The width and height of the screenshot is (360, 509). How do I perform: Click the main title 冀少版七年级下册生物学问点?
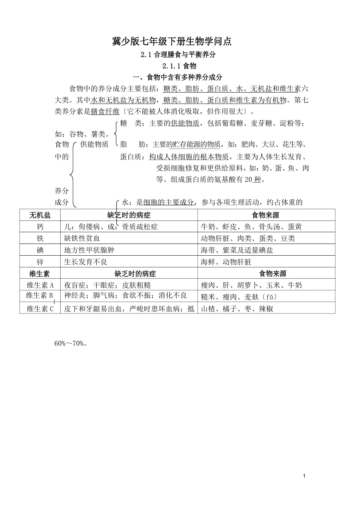tap(178, 41)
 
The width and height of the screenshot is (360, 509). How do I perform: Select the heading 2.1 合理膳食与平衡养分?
tap(178, 55)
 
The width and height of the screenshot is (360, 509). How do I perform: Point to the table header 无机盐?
tap(40, 215)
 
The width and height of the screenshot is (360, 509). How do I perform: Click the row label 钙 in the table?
tap(40, 227)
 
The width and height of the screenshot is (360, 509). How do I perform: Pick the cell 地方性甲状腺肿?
tap(89, 250)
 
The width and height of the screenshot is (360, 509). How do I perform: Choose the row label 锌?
tap(40, 262)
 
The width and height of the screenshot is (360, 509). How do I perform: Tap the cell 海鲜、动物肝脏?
tap(226, 262)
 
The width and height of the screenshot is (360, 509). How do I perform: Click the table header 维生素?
tap(40, 274)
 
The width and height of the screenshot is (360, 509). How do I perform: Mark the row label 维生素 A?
tap(40, 285)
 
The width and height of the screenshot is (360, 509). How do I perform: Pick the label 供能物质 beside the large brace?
tap(94, 145)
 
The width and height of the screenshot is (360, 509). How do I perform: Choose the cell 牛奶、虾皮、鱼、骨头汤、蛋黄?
tap(251, 227)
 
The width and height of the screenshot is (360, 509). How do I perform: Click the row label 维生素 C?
tap(40, 309)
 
